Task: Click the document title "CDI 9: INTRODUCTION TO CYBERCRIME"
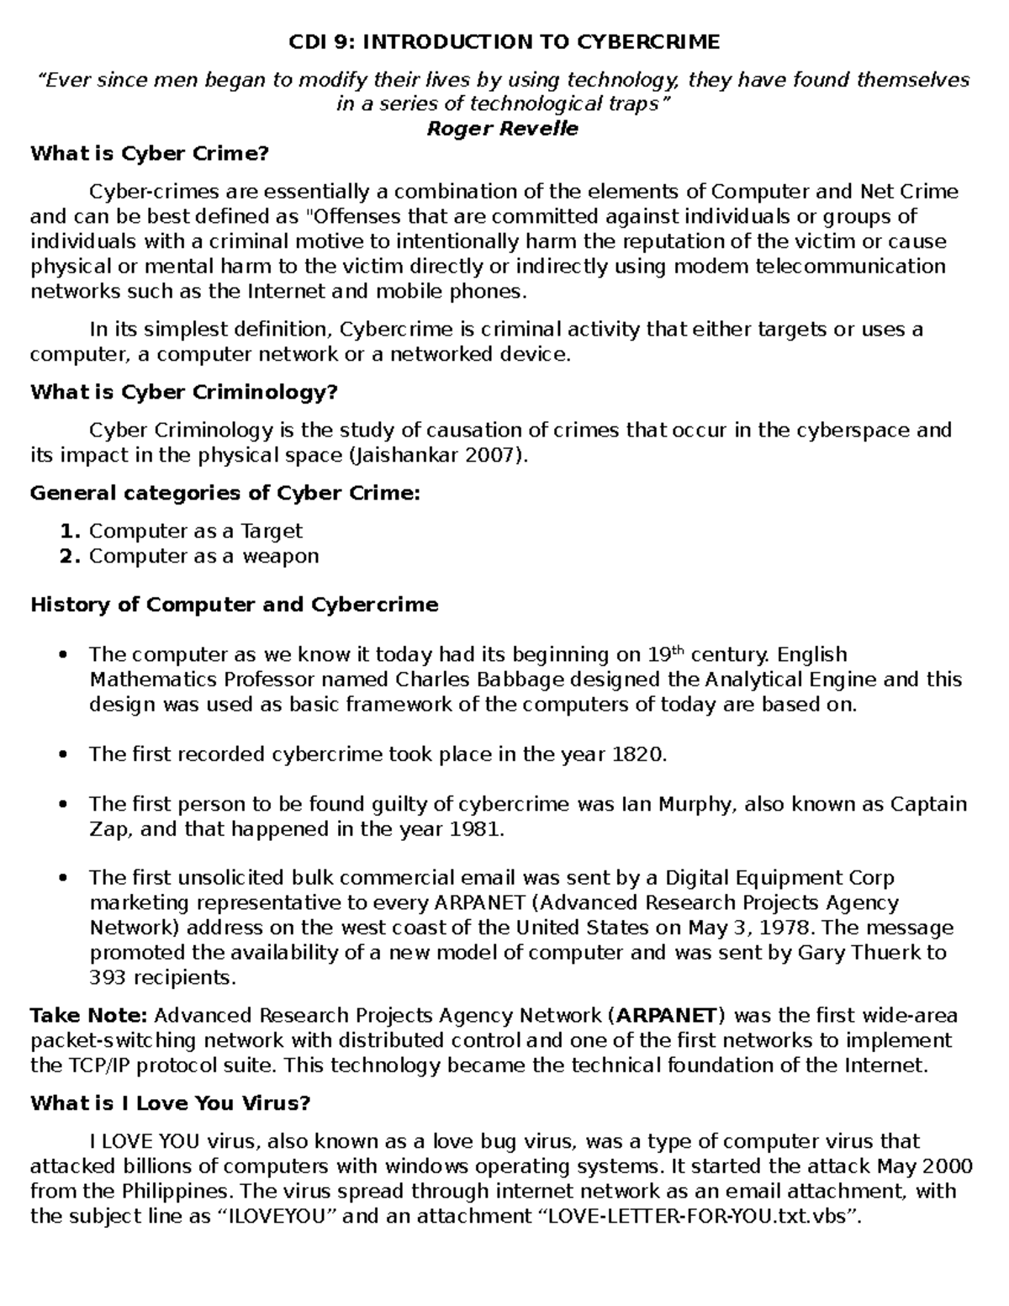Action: pos(504,42)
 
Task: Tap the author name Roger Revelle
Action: pos(503,129)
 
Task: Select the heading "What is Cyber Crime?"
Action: pos(150,154)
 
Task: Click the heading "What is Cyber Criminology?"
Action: pos(184,393)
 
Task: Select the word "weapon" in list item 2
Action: pos(281,556)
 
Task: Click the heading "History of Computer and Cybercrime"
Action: pos(235,605)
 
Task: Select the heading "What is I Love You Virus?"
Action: pos(171,1103)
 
